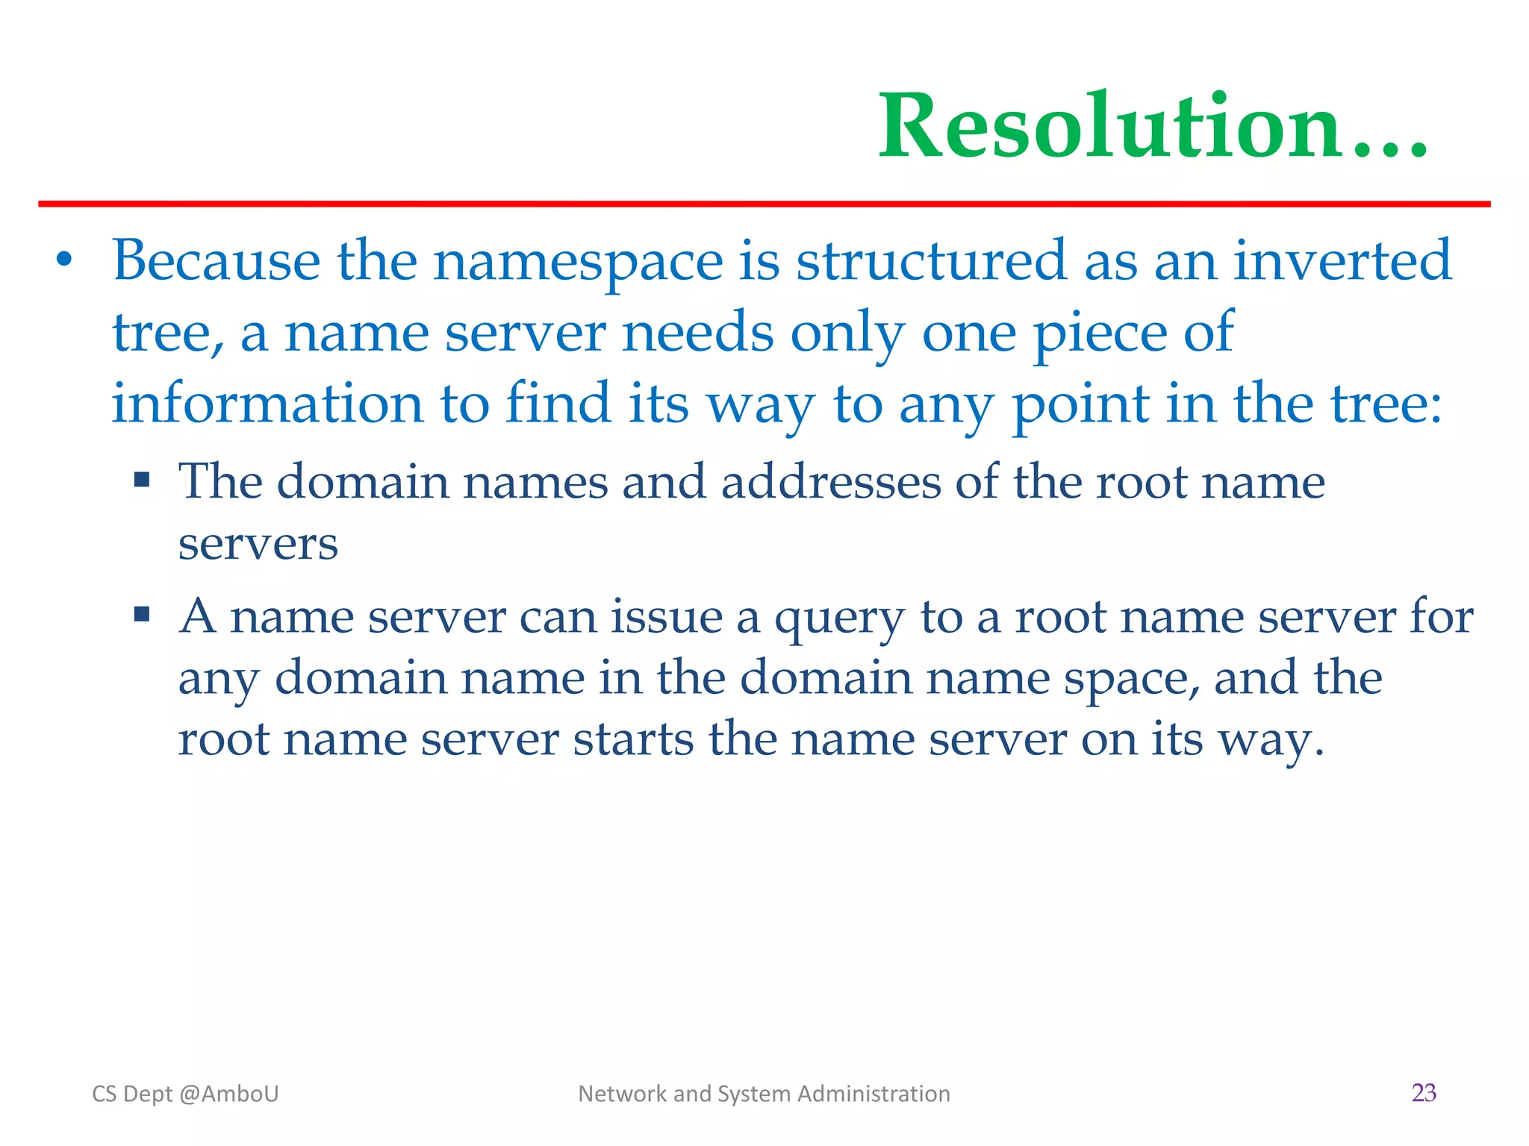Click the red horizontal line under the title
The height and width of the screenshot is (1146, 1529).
[x=764, y=204]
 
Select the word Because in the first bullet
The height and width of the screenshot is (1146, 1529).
[x=217, y=261]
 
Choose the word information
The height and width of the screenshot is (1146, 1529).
[x=267, y=404]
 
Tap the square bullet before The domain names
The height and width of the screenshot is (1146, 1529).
[x=142, y=478]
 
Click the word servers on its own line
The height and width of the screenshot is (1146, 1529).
[x=258, y=544]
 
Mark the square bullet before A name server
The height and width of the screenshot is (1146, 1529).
[x=142, y=614]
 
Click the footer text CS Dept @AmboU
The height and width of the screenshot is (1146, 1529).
[x=185, y=1094]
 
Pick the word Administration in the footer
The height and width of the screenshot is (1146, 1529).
[x=874, y=1094]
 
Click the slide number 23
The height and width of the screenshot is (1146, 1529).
[x=1424, y=1093]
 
